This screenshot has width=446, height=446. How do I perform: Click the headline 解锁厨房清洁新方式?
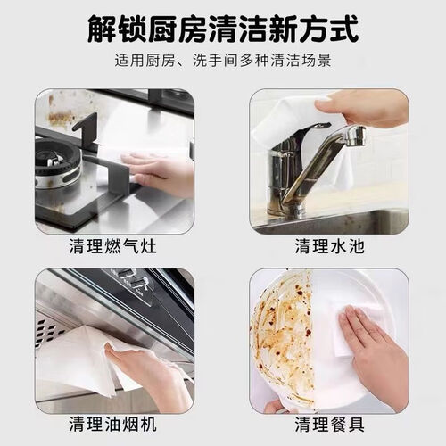point(223,29)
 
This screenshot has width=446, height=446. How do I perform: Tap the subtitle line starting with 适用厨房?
point(223,61)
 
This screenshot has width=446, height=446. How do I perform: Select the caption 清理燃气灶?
point(112,246)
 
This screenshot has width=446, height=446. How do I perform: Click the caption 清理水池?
point(329,246)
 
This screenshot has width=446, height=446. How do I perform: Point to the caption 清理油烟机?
point(112,424)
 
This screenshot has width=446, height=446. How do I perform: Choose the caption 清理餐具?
point(329,424)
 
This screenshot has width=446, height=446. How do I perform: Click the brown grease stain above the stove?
point(60,118)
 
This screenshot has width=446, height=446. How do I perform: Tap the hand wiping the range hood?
point(149,377)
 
